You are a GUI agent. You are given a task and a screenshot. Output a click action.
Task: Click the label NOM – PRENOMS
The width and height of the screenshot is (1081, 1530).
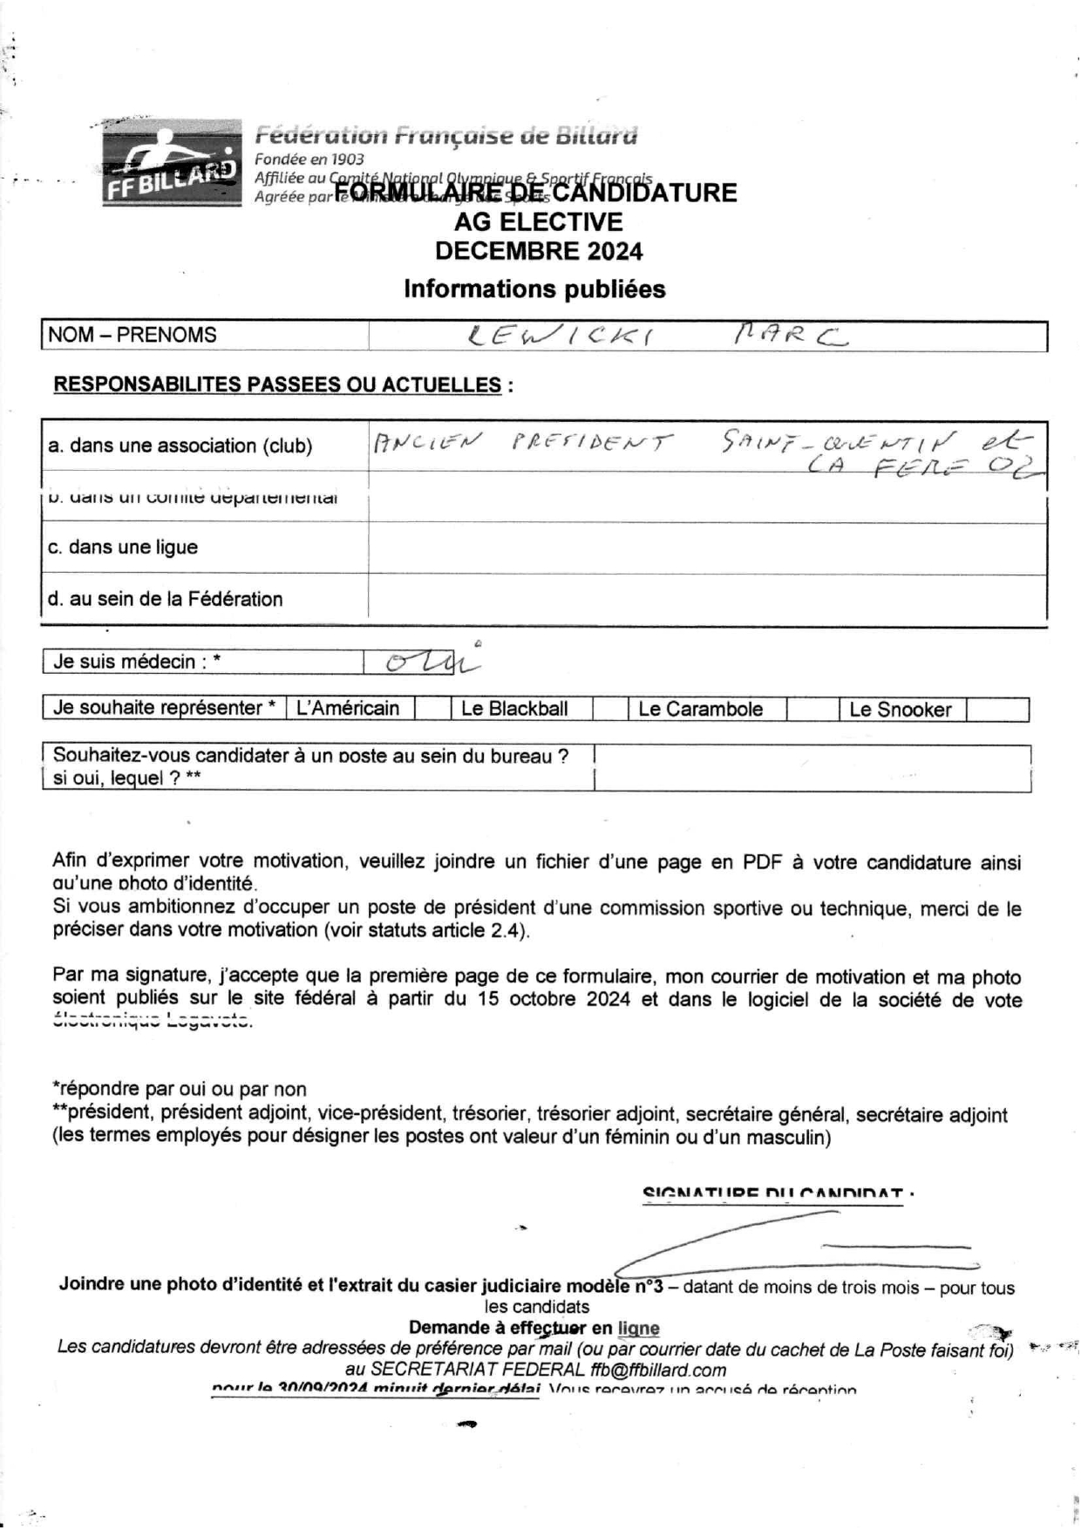pos(133,335)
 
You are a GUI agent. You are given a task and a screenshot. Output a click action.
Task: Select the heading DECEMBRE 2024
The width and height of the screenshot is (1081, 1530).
pos(539,251)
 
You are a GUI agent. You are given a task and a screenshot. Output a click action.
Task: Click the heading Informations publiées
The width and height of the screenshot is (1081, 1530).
pos(534,289)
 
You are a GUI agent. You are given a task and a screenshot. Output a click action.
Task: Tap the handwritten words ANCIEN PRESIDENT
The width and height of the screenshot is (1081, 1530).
pos(523,443)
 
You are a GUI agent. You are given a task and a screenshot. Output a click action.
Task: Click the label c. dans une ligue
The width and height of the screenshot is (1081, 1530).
pos(123,547)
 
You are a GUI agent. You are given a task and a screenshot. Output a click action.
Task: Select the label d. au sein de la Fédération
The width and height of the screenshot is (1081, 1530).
pos(166,599)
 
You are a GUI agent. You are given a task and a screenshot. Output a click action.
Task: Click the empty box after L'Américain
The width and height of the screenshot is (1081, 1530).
pos(432,709)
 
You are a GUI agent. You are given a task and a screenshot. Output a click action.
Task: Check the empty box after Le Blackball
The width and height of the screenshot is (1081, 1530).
pos(610,709)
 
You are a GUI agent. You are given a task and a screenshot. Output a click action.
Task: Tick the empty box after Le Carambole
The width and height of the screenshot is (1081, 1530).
pos(812,709)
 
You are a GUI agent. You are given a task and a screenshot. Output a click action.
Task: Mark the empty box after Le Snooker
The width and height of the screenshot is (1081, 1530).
pos(996,709)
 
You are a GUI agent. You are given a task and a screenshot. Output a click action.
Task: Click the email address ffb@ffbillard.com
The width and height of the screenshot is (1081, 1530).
pos(645,1370)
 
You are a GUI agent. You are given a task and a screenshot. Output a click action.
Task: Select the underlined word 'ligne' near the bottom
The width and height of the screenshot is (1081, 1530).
pos(638,1329)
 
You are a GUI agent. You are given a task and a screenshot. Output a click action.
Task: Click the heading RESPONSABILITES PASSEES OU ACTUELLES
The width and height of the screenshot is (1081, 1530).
pos(278,384)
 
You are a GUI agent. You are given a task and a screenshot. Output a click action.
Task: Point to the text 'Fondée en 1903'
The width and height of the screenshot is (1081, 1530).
pos(309,160)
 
